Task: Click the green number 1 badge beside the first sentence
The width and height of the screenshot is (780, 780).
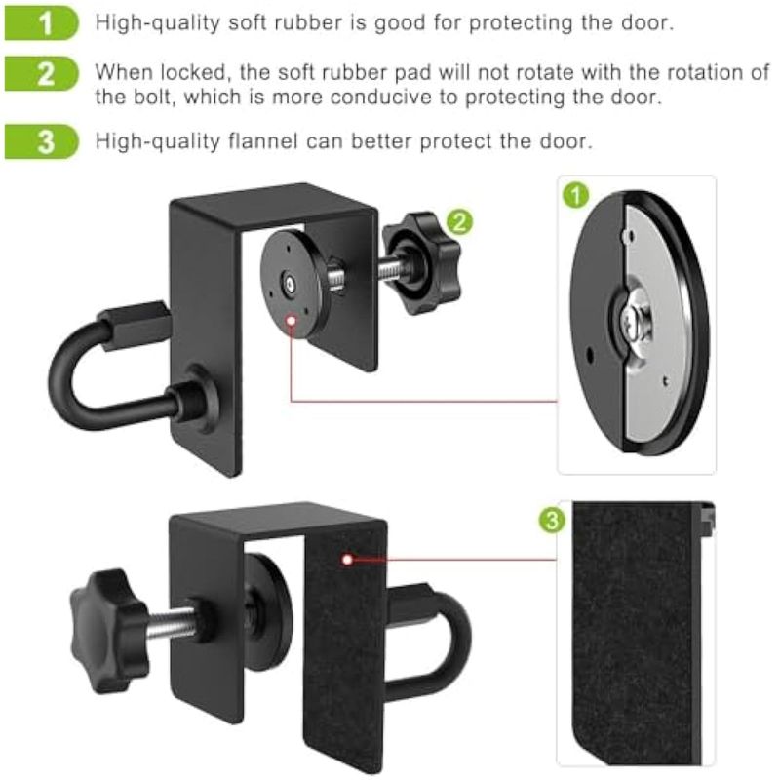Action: pyautogui.click(x=41, y=22)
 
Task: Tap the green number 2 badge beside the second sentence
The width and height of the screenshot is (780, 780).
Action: pyautogui.click(x=41, y=74)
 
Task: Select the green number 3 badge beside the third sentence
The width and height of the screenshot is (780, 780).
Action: pyautogui.click(x=41, y=141)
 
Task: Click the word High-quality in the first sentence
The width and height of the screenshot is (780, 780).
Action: pyautogui.click(x=158, y=23)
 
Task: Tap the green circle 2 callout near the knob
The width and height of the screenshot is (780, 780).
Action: pyautogui.click(x=459, y=222)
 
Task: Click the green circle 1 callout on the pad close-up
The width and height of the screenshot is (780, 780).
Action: pyautogui.click(x=576, y=195)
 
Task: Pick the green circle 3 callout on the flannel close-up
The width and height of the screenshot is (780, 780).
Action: pyautogui.click(x=552, y=521)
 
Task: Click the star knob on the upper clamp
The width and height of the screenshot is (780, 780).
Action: pyautogui.click(x=422, y=262)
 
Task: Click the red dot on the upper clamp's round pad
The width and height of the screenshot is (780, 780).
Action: pyautogui.click(x=292, y=321)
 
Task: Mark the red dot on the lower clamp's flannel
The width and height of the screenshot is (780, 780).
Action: pyautogui.click(x=348, y=560)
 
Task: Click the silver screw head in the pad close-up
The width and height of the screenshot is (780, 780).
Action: pyautogui.click(x=635, y=322)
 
